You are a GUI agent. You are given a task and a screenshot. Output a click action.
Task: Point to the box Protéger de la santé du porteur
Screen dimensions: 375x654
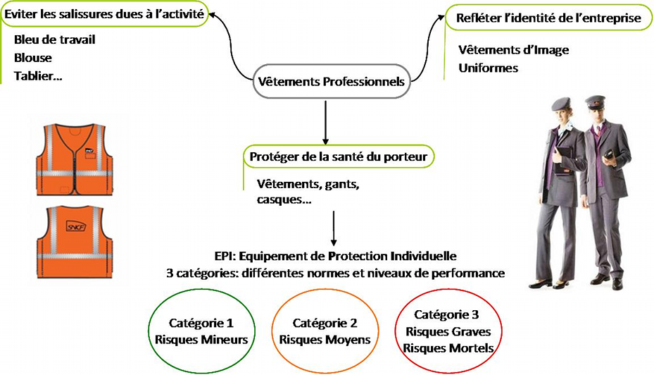(338, 156)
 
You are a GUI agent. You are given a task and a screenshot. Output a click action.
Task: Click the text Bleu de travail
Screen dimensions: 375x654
(54, 39)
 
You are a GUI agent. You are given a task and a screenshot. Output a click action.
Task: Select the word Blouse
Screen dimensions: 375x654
(33, 57)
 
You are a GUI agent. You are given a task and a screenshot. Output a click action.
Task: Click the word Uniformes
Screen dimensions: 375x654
(488, 68)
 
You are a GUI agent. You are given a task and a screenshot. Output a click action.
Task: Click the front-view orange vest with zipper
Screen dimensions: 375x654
(74, 159)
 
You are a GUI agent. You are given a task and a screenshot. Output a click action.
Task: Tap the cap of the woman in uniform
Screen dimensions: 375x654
(560, 104)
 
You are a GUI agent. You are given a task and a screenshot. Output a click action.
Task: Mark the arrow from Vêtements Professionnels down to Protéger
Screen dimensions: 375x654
(325, 122)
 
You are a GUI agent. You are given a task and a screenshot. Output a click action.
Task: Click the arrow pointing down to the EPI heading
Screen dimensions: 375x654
(333, 227)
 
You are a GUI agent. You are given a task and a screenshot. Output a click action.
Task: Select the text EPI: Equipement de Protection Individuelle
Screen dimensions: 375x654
(336, 255)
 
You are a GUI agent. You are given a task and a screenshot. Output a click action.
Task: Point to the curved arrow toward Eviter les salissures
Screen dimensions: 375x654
(229, 42)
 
